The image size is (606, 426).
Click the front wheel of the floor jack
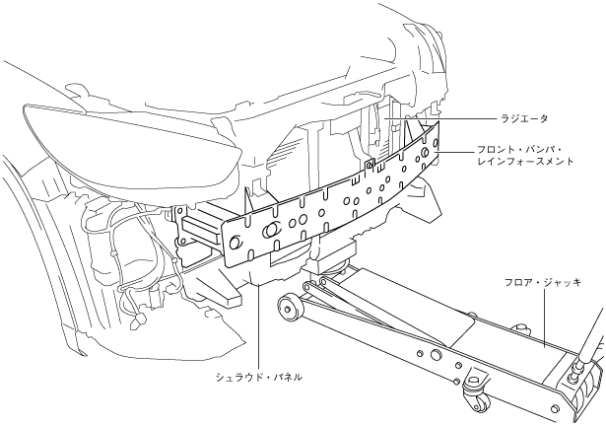pos(291,308)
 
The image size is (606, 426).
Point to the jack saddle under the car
pos(330,261)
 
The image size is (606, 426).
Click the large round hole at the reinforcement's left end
pos(235,242)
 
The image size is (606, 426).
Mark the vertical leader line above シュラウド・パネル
pos(258,325)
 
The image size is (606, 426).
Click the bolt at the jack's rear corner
pos(572,376)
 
